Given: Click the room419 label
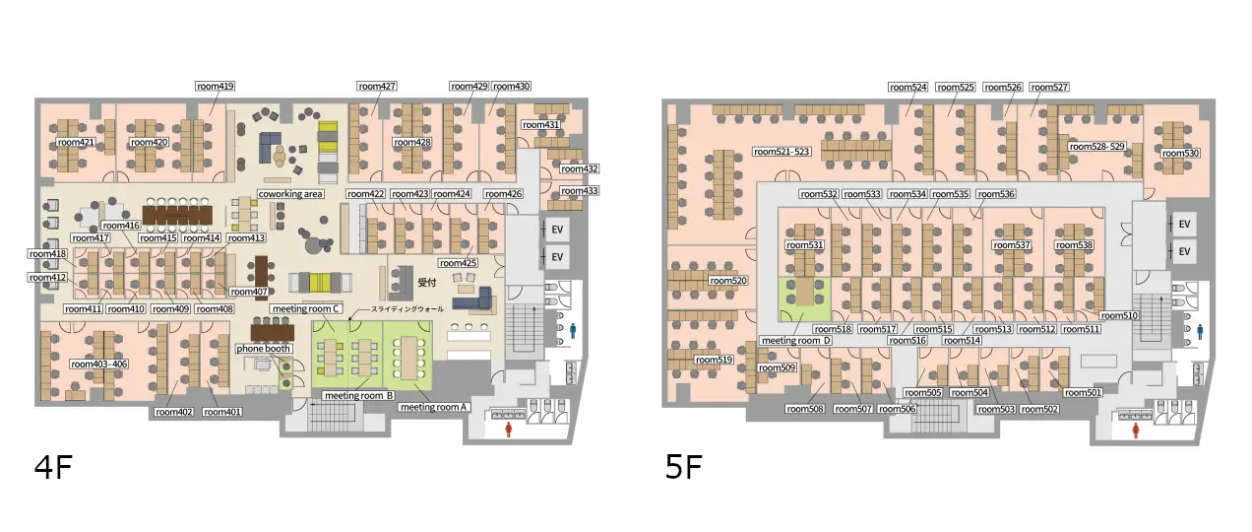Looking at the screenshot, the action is point(216,86).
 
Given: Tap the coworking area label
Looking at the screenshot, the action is point(290,194).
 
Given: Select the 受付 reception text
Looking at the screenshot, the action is point(427,283).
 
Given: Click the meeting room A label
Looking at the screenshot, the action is point(433,407).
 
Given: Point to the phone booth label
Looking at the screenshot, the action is point(263,349).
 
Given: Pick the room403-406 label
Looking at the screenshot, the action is point(99,365).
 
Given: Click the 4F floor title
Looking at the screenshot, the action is point(53,468).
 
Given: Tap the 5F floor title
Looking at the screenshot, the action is point(683,468).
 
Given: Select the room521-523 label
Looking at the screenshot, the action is point(782,152).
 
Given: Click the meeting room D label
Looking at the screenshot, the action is point(796,341).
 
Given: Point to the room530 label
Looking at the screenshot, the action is point(1180,154).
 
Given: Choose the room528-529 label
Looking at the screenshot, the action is point(1096,147).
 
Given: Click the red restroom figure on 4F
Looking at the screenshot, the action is point(509,430).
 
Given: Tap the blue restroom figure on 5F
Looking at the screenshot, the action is point(1200,332).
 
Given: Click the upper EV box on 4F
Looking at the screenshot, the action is point(557,230).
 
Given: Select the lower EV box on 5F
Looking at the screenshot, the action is point(1184,252).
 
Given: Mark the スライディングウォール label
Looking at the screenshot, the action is point(407,309).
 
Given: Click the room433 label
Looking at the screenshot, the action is point(579,191).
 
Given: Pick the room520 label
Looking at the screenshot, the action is point(727,281).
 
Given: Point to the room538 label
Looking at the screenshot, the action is point(1074,245).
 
